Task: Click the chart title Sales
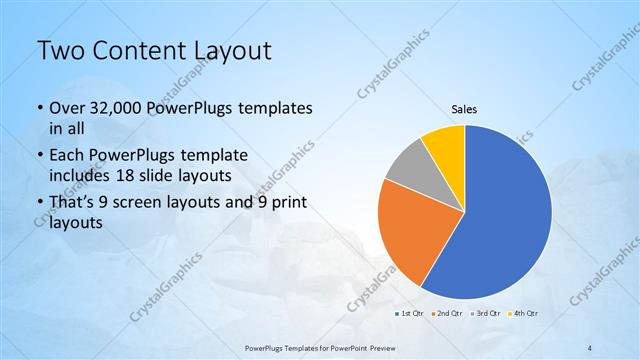pyautogui.click(x=464, y=109)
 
